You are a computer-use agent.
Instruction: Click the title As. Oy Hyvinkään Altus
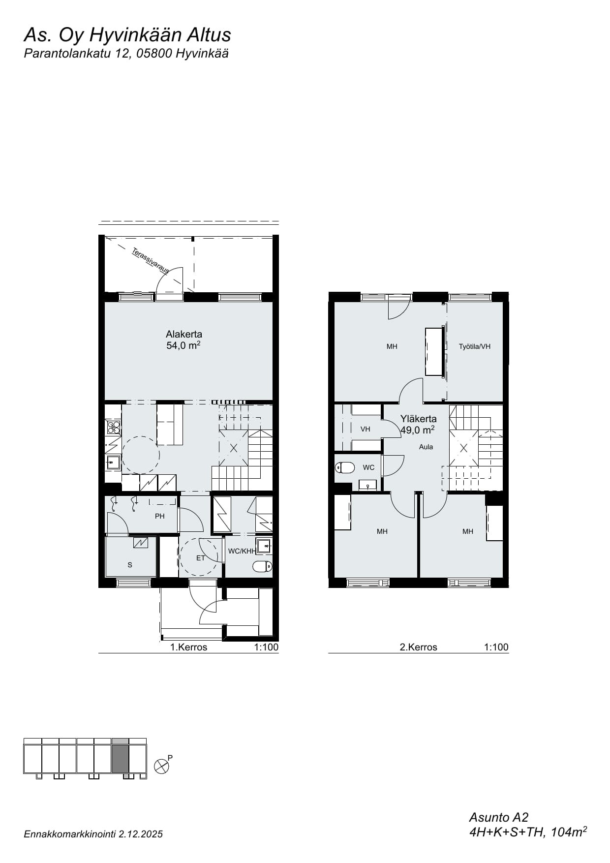127,35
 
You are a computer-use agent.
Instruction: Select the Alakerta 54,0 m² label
183,340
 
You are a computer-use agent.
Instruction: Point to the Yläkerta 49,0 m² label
418,424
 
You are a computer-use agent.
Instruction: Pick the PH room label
159,516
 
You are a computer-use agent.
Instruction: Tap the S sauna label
130,565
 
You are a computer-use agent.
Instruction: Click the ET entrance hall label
200,558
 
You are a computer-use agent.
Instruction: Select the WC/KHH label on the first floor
242,551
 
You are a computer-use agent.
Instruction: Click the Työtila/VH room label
475,346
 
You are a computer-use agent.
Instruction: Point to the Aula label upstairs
426,447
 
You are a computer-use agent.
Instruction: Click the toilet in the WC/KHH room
263,566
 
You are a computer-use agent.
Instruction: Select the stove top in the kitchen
113,427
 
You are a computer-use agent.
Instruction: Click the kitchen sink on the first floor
113,462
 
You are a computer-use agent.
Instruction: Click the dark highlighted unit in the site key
121,758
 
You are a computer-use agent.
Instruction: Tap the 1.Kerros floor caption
188,647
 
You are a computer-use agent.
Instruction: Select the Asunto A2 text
498,817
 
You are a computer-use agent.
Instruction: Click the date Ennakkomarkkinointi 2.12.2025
93,834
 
